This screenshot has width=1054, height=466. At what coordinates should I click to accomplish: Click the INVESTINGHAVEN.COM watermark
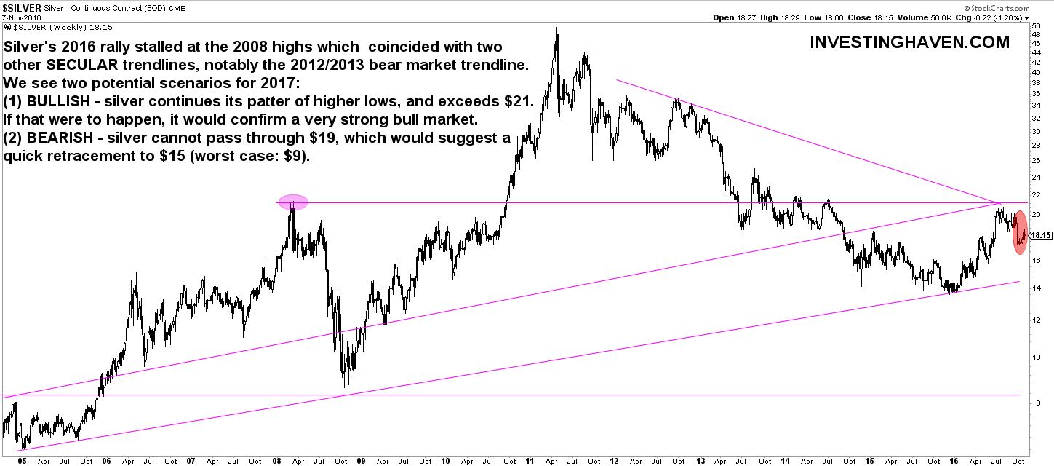click(909, 43)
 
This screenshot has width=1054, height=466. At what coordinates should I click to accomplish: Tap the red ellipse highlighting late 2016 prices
click(1021, 232)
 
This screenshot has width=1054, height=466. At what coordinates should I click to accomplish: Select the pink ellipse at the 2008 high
click(292, 203)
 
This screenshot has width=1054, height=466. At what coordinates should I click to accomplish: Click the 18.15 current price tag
click(1042, 235)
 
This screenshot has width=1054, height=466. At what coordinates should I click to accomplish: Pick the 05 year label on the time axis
click(22, 460)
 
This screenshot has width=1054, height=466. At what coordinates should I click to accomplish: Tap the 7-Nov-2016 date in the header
click(22, 17)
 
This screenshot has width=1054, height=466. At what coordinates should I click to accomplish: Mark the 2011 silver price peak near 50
click(556, 29)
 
